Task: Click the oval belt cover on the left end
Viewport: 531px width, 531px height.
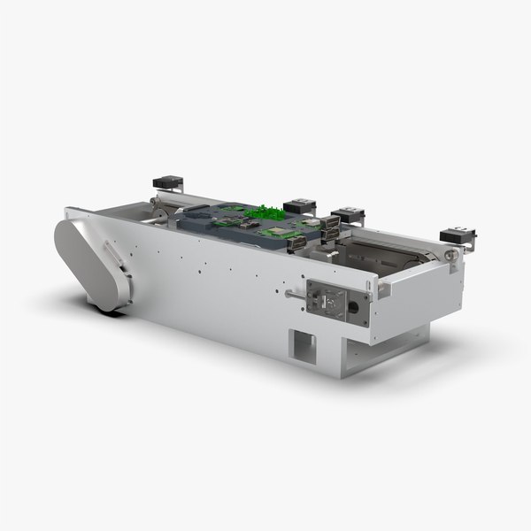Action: click(x=89, y=264)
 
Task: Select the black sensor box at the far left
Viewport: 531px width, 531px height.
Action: click(x=167, y=183)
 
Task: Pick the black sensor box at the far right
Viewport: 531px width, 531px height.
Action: click(x=458, y=235)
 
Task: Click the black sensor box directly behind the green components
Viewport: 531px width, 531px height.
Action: click(x=300, y=205)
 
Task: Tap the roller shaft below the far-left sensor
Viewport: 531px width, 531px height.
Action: click(x=158, y=205)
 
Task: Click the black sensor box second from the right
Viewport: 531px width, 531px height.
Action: click(x=348, y=215)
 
